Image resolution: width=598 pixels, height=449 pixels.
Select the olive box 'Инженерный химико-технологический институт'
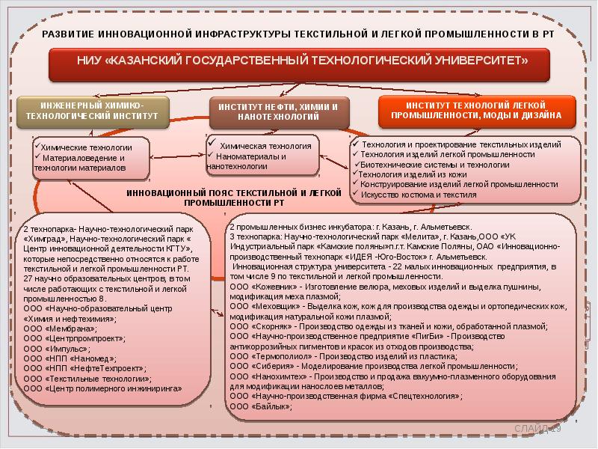tap(92, 112)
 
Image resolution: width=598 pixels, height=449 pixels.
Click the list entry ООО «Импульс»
tap(57, 348)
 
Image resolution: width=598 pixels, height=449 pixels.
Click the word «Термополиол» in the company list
tap(283, 357)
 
